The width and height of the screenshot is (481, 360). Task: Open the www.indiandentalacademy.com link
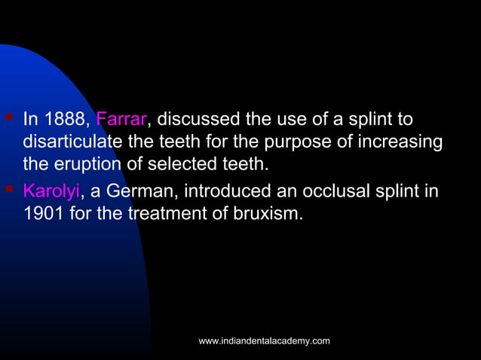click(264, 341)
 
